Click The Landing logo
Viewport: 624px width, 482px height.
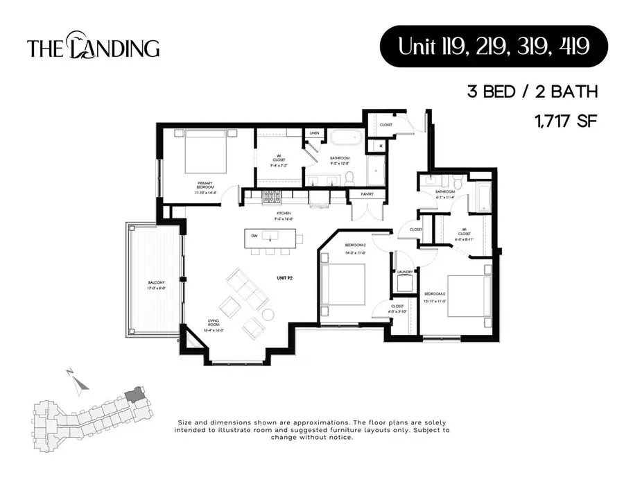[x=94, y=47]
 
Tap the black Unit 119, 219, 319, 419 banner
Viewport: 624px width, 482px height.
[x=493, y=46]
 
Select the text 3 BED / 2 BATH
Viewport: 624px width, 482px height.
[x=532, y=92]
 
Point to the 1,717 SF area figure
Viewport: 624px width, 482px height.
[x=565, y=121]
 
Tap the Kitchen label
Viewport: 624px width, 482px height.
[x=282, y=213]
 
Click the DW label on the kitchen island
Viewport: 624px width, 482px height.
[x=254, y=236]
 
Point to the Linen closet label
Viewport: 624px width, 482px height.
[x=314, y=132]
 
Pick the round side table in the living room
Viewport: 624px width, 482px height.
[x=268, y=314]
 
